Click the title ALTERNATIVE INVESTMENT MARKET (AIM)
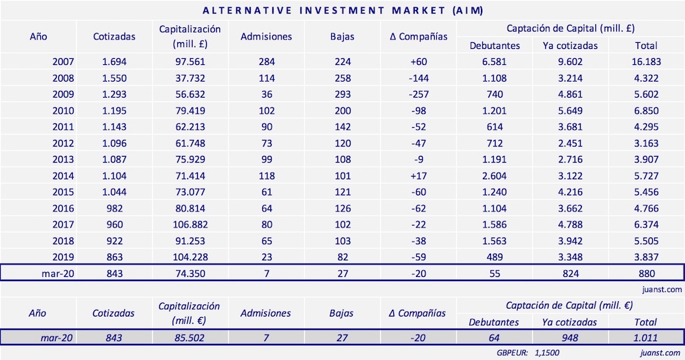[342, 11]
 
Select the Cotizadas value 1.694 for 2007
[114, 62]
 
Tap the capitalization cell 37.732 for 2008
[190, 78]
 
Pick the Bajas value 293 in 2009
[342, 94]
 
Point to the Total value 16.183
[646, 62]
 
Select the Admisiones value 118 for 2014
[266, 175]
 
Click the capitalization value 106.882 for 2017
[190, 224]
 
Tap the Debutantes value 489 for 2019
[494, 256]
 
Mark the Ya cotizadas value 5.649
[571, 110]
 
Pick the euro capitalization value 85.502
[190, 338]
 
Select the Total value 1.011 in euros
[646, 338]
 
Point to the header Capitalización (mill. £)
[190, 36]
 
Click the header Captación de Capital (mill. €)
[570, 305]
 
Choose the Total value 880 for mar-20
[646, 273]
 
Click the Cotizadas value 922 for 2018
[114, 240]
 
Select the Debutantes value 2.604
[494, 175]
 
